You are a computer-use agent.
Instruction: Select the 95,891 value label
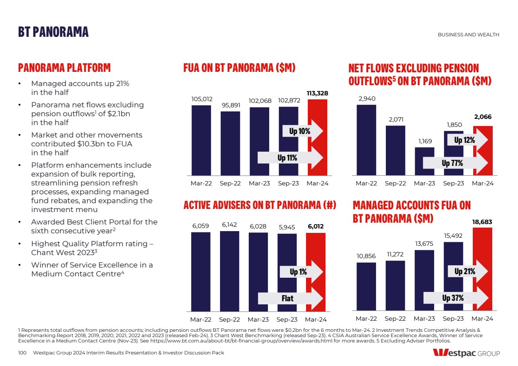[231, 105]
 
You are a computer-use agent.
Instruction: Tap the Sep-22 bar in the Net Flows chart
[395, 150]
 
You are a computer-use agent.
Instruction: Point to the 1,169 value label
[424, 141]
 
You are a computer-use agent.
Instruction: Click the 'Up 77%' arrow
[455, 163]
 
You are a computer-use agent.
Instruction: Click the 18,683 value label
[483, 221]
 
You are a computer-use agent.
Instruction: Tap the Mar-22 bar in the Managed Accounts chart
[366, 286]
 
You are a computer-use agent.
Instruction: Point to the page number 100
[22, 353]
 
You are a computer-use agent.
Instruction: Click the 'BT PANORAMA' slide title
[53, 32]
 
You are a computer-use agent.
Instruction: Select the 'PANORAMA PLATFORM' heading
[64, 68]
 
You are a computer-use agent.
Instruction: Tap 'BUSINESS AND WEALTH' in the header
[468, 35]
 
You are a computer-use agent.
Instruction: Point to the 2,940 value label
[367, 98]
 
